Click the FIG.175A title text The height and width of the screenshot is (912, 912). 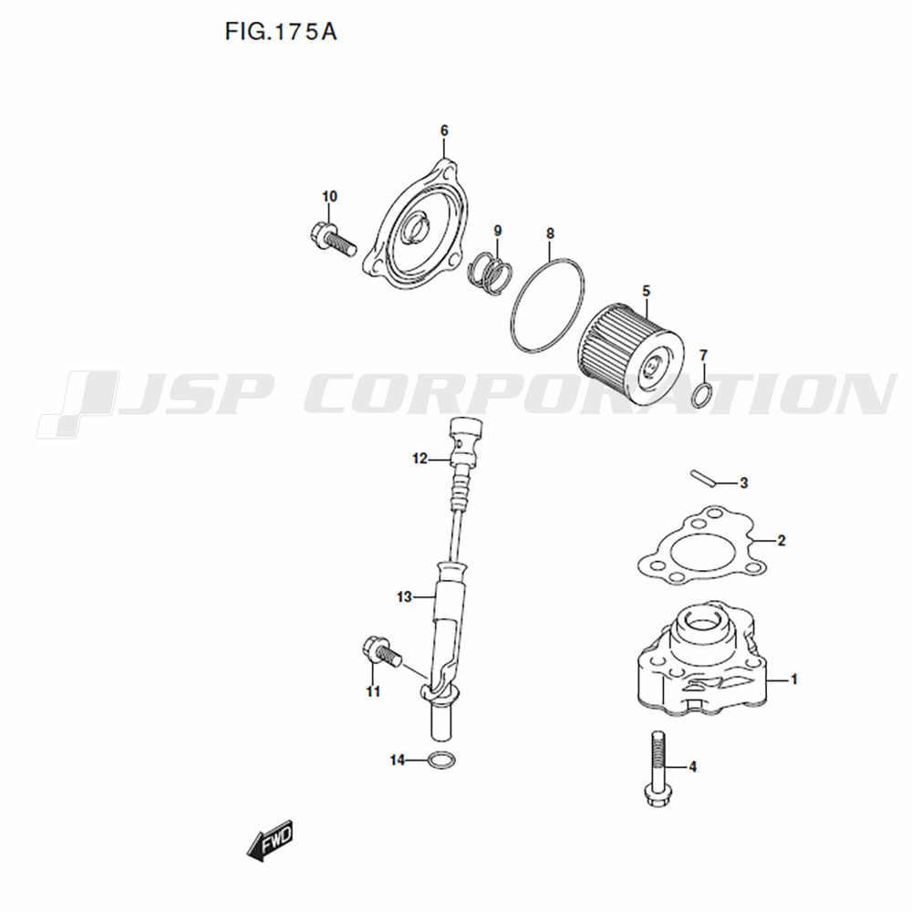coord(281,32)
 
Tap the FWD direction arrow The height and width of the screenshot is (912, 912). coord(270,841)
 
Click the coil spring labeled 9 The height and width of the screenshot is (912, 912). coord(492,271)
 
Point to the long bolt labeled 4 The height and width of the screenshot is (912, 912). coord(658,767)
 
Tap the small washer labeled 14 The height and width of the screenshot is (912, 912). coord(441,760)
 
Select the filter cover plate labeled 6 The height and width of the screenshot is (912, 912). coord(416,229)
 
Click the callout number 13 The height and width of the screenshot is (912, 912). coord(404,596)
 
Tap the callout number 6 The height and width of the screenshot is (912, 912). coord(444,130)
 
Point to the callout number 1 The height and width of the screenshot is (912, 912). coord(794,679)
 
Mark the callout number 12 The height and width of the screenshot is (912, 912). coord(420,459)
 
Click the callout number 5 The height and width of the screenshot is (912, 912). coord(647,291)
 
